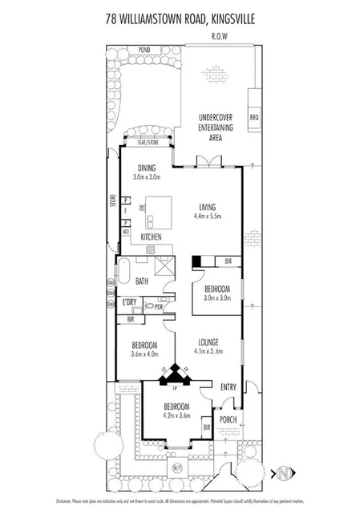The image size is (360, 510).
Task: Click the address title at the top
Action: point(180,16)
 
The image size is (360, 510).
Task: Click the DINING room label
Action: point(146,168)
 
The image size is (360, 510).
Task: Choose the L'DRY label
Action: point(130,302)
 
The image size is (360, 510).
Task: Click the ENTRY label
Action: point(229,387)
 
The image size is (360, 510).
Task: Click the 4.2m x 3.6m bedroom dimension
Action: point(178,415)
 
